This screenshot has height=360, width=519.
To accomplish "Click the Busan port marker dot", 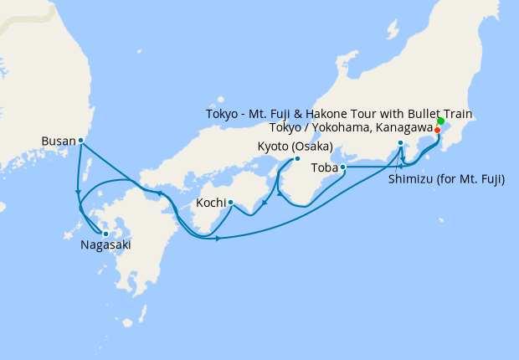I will [x=80, y=141].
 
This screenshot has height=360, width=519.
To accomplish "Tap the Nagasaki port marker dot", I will [x=105, y=234].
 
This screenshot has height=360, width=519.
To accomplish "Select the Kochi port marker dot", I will [x=230, y=202].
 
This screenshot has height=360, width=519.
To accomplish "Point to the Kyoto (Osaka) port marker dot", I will [x=297, y=159].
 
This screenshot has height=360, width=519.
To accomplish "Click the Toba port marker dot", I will [x=343, y=167].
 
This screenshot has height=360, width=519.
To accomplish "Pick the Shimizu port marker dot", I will [x=401, y=144].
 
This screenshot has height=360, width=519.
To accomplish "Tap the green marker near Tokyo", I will [x=440, y=121].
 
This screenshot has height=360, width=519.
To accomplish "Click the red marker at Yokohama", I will [x=437, y=130].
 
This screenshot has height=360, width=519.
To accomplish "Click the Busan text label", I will [x=58, y=141].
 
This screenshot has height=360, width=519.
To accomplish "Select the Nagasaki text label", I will [x=105, y=246].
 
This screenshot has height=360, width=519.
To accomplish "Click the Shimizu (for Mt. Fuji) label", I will [x=446, y=179].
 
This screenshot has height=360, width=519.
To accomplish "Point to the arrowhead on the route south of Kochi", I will [x=217, y=239].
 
